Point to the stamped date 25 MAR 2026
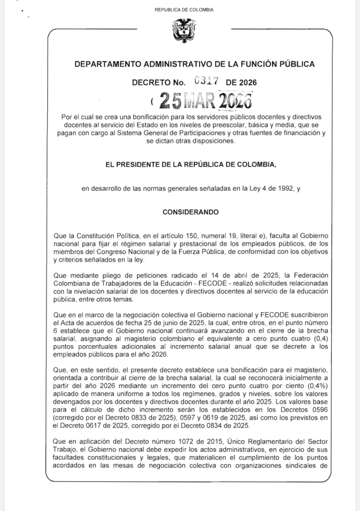205,101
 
